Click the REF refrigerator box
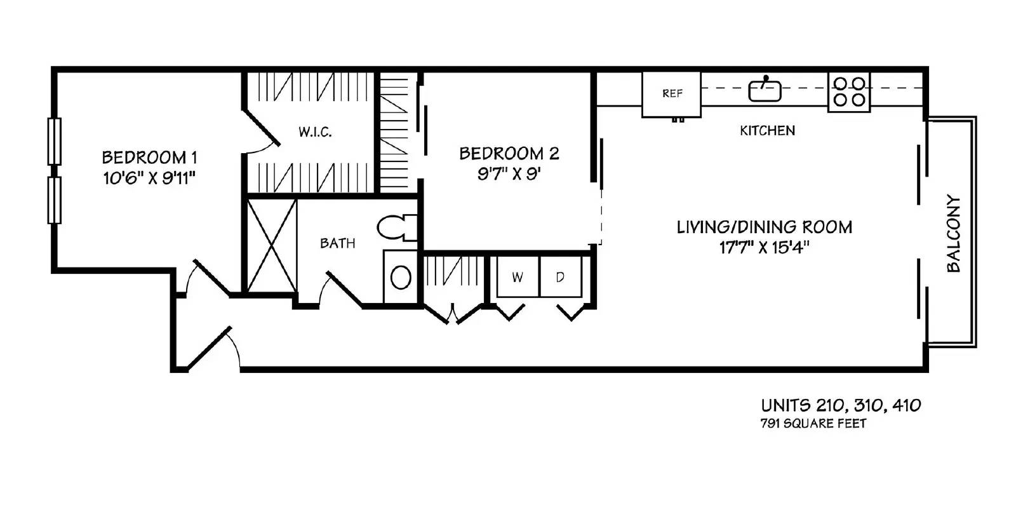tap(671, 94)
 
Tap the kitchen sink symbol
tap(765, 90)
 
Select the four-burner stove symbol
tap(849, 91)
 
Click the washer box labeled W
tap(518, 277)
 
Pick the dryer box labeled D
tap(560, 277)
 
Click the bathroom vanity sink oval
tap(401, 278)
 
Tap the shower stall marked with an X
tap(272, 245)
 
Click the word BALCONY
tap(954, 233)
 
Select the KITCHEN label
tap(767, 131)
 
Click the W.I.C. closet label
tap(315, 133)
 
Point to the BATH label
tap(337, 243)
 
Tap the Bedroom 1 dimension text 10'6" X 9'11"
tap(148, 179)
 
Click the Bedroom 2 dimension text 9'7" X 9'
tap(509, 174)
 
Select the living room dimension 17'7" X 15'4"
tap(764, 248)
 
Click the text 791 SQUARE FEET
tap(813, 424)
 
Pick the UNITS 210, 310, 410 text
tap(841, 405)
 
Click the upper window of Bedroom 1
tap(55, 141)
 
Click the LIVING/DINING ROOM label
tap(764, 227)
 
